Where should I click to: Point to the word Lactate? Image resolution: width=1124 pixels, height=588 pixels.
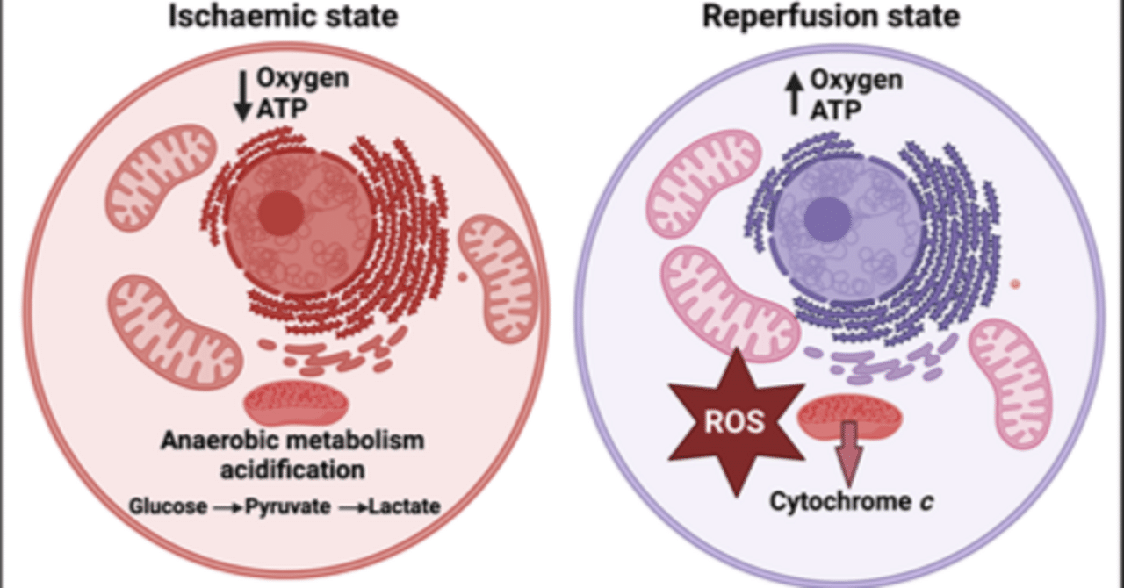click(405, 506)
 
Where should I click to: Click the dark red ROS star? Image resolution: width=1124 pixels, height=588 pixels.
click(736, 422)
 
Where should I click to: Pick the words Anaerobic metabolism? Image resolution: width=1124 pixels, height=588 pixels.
click(293, 441)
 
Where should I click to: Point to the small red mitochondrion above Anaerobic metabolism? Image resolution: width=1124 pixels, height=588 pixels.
click(296, 404)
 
